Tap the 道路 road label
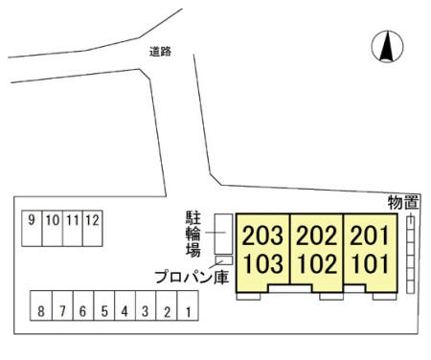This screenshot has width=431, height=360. click(160, 52)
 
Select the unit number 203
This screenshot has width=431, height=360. click(262, 236)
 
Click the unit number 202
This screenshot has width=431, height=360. click(316, 236)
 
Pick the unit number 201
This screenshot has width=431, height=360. click(368, 236)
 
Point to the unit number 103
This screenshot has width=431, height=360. click(262, 263)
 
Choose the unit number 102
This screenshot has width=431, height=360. click(316, 263)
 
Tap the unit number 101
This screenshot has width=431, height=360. click(368, 263)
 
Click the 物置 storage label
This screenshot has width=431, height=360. click(403, 202)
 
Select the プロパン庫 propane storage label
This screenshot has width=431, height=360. click(191, 277)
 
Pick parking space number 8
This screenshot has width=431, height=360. click(41, 312)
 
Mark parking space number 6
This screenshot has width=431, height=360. click(83, 312)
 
